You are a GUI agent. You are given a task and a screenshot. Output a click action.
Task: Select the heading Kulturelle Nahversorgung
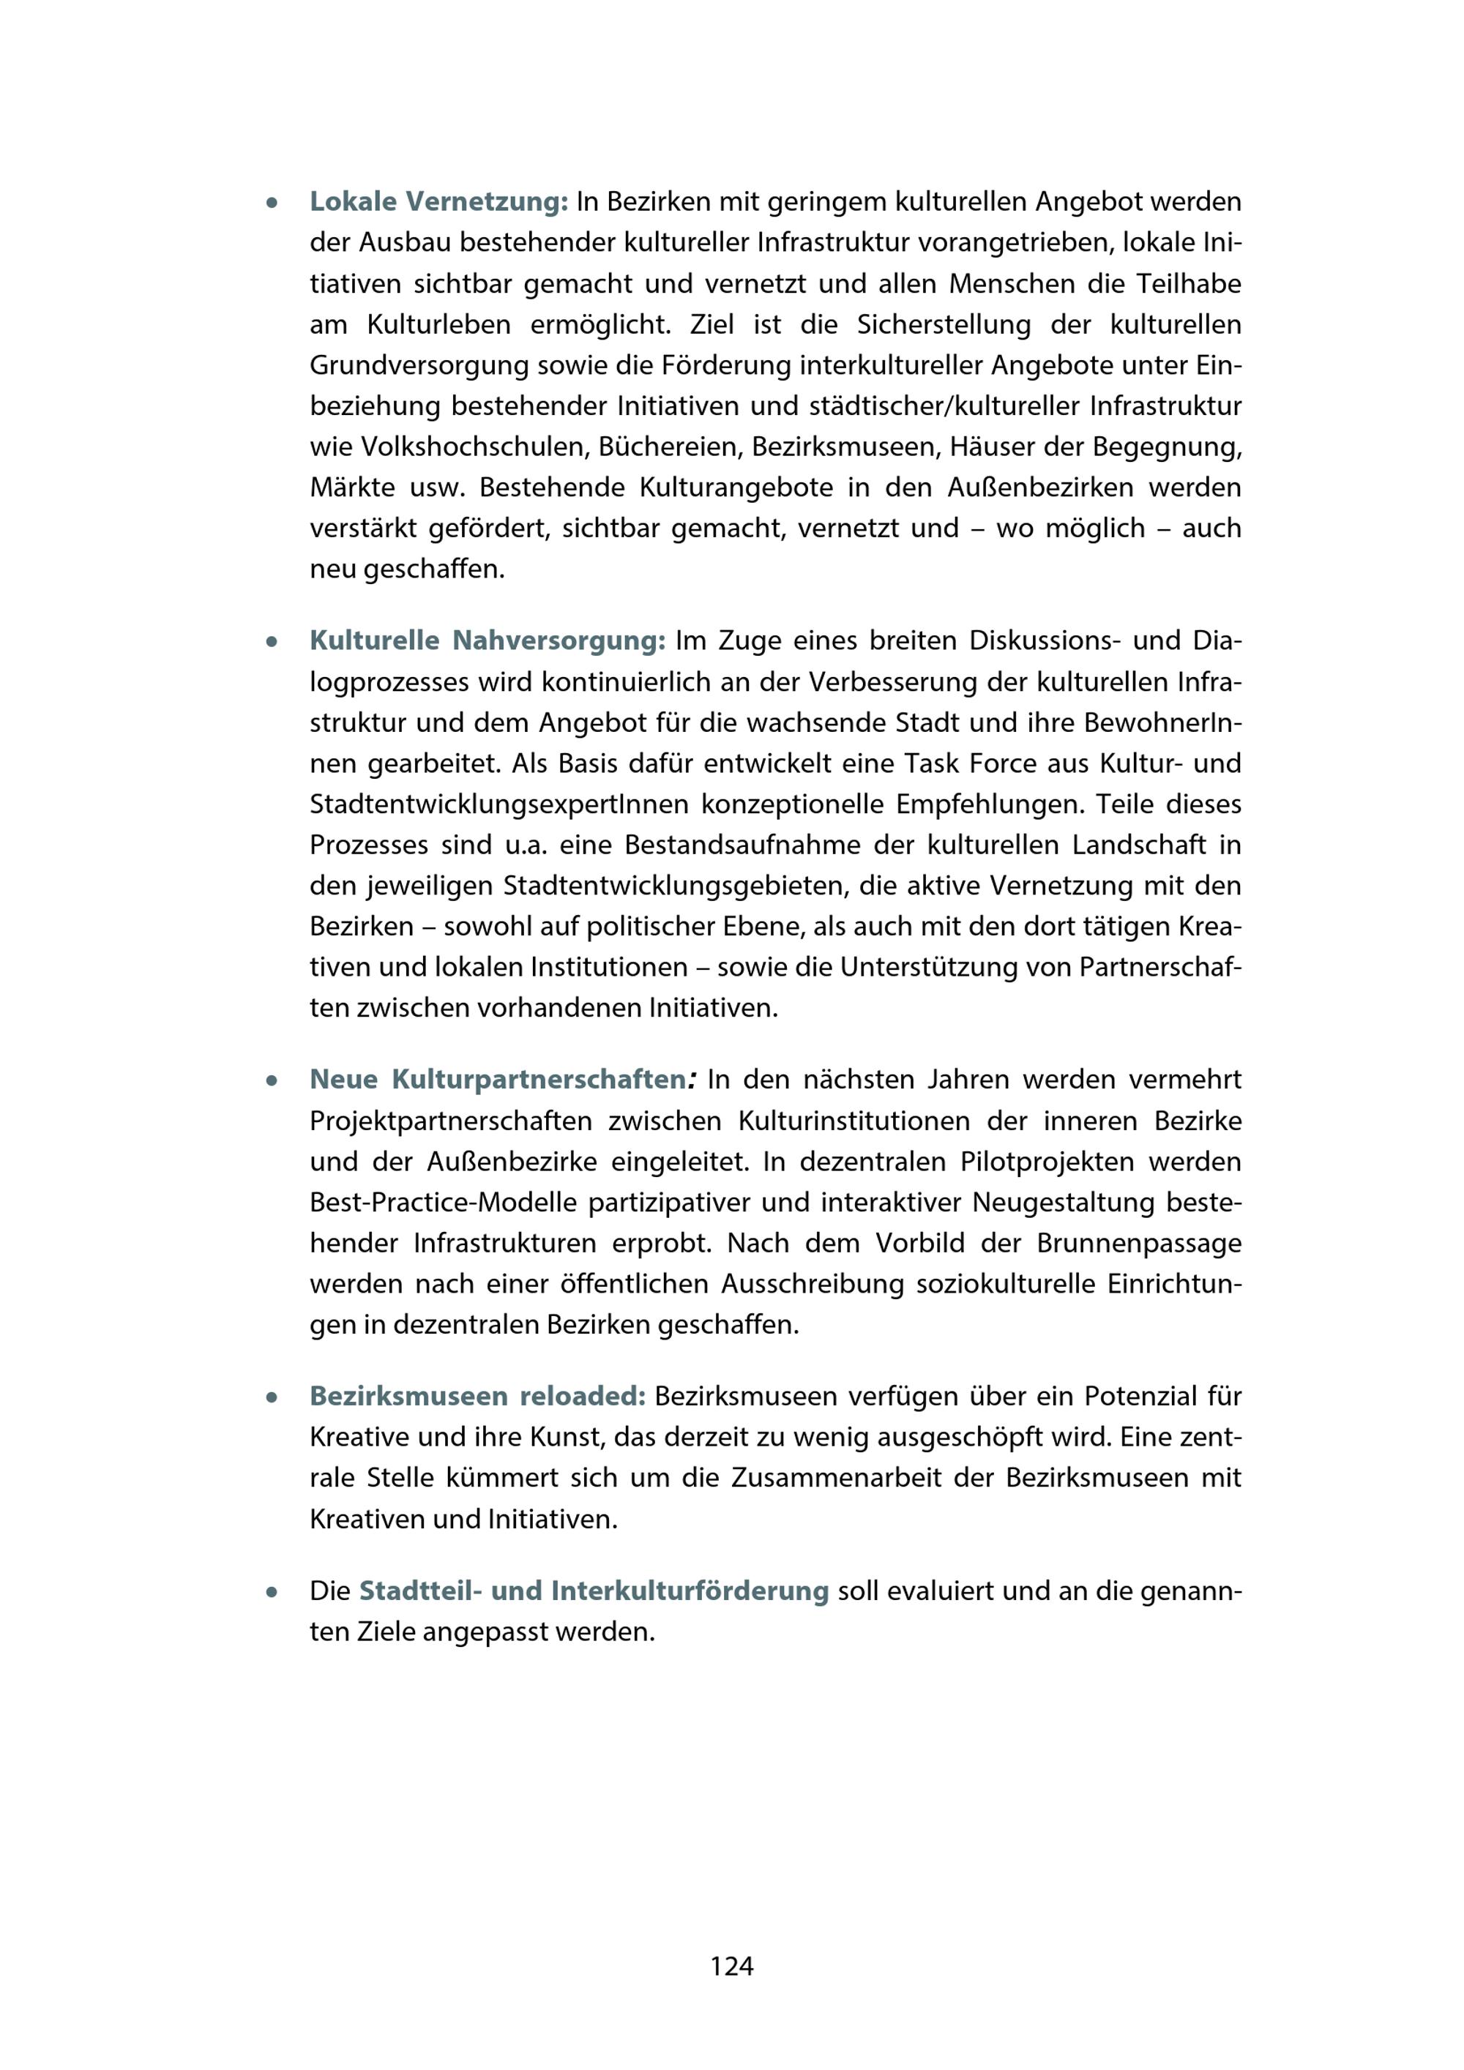click(487, 640)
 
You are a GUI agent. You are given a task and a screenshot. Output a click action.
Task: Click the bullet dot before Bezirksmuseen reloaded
click(270, 1397)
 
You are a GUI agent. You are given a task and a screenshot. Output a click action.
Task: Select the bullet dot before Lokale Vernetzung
click(270, 203)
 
